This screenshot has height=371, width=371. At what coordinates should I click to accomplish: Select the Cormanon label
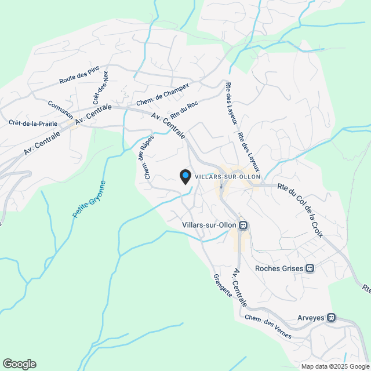coord(61,108)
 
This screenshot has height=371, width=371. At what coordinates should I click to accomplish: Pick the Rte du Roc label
coord(184,109)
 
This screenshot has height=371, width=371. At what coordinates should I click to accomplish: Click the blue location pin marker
coord(185,176)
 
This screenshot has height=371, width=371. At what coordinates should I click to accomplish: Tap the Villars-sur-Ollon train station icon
coord(243,225)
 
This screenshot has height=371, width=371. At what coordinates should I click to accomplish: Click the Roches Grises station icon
coord(310,268)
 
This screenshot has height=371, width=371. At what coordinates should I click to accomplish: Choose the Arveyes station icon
coord(332,317)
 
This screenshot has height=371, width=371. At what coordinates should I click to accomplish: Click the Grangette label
coord(222,286)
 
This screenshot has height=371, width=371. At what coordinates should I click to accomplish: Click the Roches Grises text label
coord(280,268)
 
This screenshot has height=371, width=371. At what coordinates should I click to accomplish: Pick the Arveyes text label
coord(312,317)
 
